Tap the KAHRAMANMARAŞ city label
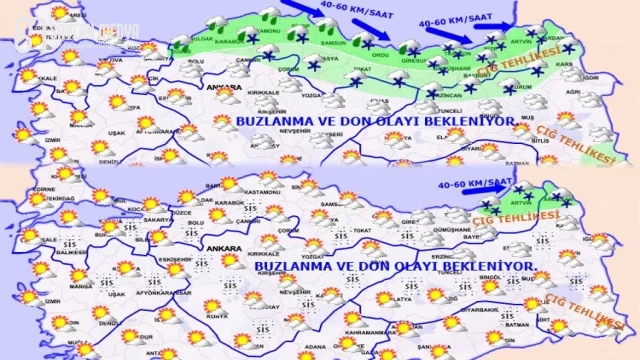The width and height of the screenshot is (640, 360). pyautogui.click(x=374, y=331)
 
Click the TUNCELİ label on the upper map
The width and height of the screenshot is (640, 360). pyautogui.click(x=449, y=110)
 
